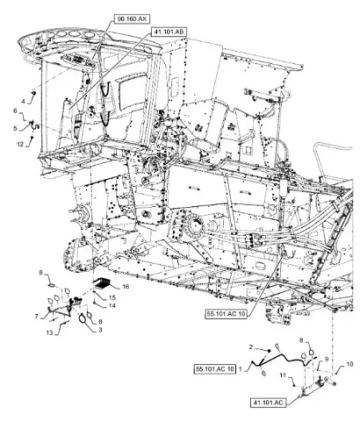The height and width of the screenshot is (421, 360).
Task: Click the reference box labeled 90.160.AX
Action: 132,19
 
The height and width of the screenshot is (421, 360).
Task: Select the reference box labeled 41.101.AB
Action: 169,32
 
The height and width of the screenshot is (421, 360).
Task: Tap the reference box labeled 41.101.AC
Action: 268,403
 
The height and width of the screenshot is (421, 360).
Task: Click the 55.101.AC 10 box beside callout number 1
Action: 215,369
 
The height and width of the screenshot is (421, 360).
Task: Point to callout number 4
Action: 23,102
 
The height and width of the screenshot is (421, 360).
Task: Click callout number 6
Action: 15,111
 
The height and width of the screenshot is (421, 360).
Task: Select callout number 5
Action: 15,128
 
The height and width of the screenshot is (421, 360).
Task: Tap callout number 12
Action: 19,144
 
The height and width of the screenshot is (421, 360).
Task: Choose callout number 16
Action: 126,287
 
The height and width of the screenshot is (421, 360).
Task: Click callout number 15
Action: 112,297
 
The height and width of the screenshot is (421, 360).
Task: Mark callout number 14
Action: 112,306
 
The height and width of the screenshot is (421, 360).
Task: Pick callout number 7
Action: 37,317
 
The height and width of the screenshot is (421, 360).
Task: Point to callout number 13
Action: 50,332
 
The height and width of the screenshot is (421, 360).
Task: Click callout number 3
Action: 100,330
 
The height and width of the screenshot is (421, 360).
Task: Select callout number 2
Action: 251,347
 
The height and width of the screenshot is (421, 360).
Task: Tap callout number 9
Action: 327,359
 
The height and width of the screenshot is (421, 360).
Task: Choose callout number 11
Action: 282,375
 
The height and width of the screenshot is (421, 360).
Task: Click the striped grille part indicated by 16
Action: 101,282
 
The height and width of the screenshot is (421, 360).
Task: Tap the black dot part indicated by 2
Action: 268,350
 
